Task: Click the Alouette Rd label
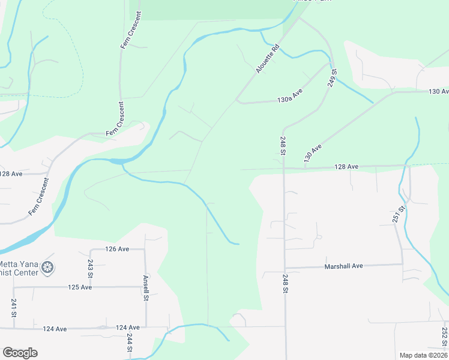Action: point(268,59)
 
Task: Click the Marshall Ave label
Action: point(344,266)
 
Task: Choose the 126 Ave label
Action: point(117,248)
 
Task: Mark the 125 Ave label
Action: point(80,287)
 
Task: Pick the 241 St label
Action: point(13,307)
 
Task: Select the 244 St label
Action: point(130,343)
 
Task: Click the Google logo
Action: point(20,353)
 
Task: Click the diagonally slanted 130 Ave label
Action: point(313,152)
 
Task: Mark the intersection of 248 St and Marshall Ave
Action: point(285,268)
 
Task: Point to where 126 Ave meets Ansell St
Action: point(145,248)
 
